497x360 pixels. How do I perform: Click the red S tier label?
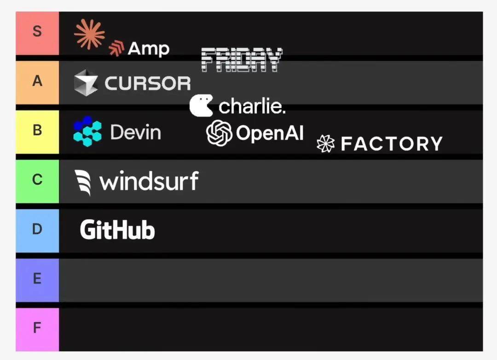tap(37, 33)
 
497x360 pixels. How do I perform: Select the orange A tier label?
tap(37, 82)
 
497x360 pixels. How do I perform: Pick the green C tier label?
tap(37, 181)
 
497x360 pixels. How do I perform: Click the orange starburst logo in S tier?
tap(89, 34)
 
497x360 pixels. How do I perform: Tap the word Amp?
tap(149, 49)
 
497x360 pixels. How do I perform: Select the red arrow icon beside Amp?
tap(116, 48)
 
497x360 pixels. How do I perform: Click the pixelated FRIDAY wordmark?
tap(242, 60)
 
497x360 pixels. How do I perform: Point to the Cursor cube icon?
tap(86, 83)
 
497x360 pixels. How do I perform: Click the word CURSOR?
tap(148, 83)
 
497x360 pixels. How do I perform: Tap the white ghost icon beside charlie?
tap(201, 105)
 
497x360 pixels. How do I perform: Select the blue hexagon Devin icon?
tap(87, 131)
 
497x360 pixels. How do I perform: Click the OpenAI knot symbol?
tap(219, 133)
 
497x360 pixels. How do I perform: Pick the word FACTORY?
tap(392, 144)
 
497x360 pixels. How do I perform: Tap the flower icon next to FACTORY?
tap(325, 144)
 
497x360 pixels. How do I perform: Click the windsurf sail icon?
tap(83, 182)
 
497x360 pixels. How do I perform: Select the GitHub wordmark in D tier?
tap(117, 230)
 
